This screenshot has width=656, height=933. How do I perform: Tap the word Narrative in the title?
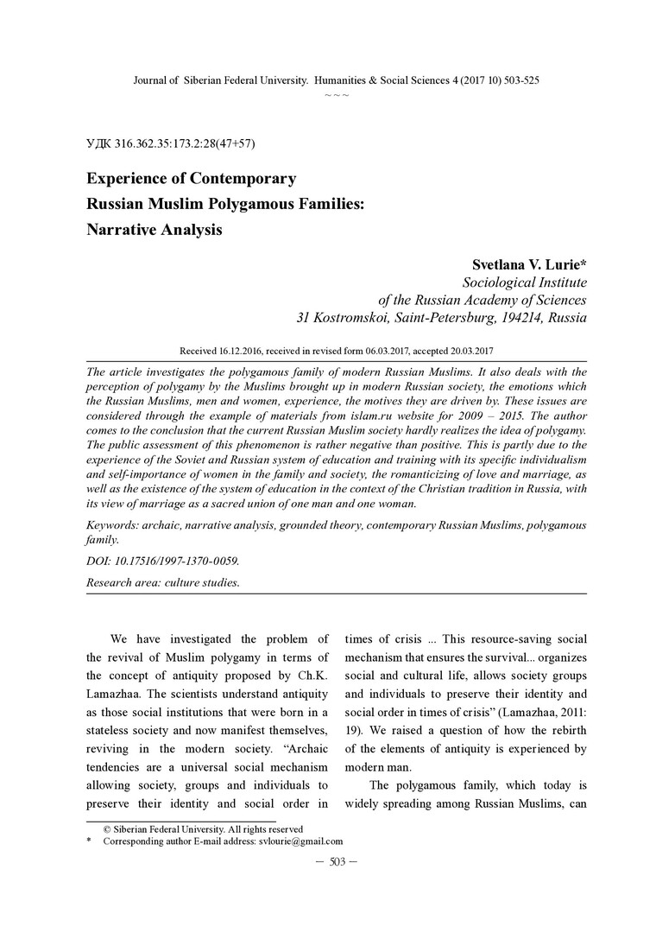123,230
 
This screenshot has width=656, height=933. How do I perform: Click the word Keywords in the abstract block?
114,525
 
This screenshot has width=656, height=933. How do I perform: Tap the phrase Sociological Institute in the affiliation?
525,282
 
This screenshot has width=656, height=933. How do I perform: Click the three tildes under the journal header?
337,93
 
